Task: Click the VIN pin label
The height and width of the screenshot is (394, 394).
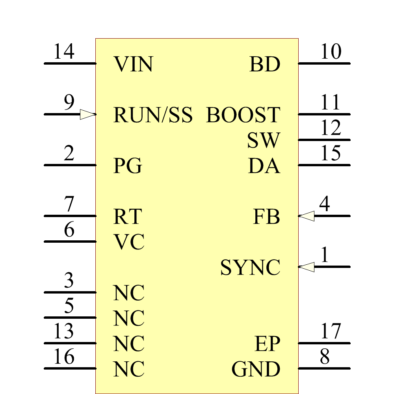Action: tap(133, 64)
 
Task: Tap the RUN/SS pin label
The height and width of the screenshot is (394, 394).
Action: tap(153, 115)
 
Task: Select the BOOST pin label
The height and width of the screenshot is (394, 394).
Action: tap(243, 115)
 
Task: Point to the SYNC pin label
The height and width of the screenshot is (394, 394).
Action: tap(250, 268)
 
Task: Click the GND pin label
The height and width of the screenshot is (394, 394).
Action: tap(256, 369)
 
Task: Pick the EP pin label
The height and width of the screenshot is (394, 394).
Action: tap(267, 344)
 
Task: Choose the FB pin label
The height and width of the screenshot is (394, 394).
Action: tap(266, 217)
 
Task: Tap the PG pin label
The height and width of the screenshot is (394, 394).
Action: tap(128, 166)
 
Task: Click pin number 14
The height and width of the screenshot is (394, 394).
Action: tap(64, 52)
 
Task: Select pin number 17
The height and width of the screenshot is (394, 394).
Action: tap(330, 331)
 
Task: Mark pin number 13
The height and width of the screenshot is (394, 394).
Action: tap(64, 331)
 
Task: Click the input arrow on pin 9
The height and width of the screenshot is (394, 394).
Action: tap(88, 115)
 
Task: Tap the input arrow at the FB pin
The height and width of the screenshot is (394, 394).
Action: tap(307, 216)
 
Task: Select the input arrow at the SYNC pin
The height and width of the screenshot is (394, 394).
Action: tap(307, 267)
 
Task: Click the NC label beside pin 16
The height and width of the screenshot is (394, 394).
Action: tap(129, 369)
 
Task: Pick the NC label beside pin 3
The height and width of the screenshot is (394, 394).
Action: tap(129, 293)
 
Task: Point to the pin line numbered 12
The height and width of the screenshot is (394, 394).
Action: tap(324, 140)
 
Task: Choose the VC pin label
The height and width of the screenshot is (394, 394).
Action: tap(129, 242)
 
